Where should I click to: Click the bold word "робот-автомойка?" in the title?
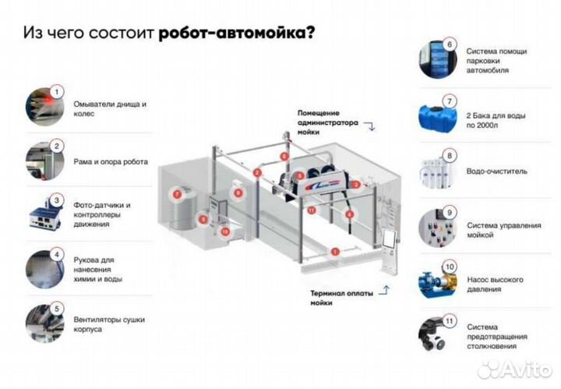(x=238, y=34)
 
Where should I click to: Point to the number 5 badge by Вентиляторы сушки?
(x=56, y=308)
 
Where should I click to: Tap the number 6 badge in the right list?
(x=450, y=44)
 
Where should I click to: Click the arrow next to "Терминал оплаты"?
(x=382, y=293)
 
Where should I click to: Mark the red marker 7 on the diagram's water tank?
(x=177, y=193)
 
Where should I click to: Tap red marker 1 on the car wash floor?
(x=334, y=251)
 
